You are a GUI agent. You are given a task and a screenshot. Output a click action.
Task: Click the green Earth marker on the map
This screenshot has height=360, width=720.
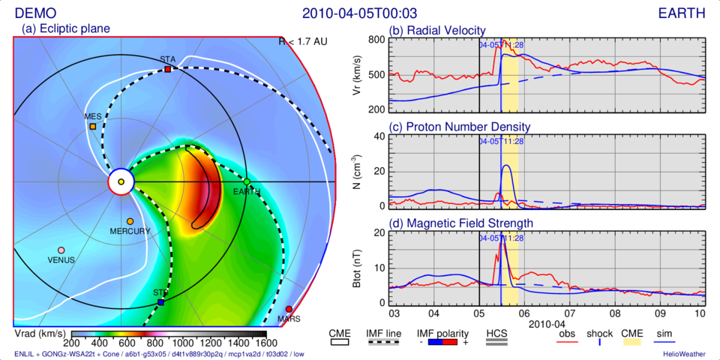click(247, 181)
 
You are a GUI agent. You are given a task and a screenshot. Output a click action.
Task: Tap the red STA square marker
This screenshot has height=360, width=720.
click(168, 70)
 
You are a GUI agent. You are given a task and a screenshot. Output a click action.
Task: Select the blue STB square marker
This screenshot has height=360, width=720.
click(161, 302)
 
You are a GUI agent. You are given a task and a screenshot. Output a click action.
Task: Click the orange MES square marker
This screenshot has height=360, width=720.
click(93, 127)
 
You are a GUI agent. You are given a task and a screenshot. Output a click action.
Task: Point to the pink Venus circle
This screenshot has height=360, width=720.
click(61, 250)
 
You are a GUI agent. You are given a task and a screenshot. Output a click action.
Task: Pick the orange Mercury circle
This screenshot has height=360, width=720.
click(130, 222)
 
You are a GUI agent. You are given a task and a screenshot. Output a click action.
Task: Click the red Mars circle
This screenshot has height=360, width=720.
click(289, 309)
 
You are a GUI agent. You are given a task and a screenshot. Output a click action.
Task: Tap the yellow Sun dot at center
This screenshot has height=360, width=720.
click(121, 181)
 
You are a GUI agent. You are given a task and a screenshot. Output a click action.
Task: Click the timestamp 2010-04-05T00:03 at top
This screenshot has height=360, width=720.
click(359, 13)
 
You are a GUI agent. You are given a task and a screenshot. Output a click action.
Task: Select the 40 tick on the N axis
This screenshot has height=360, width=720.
click(379, 136)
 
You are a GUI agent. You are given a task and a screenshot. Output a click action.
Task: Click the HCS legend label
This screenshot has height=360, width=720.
click(497, 334)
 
